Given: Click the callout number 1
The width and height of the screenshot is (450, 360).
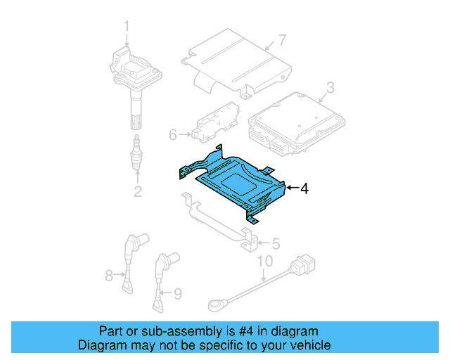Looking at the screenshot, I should (x=127, y=27).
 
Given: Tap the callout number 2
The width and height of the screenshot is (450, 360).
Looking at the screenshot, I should (x=138, y=191).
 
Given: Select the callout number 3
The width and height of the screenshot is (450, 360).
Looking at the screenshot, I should (x=329, y=89).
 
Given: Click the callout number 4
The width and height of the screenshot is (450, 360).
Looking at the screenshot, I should (x=304, y=188).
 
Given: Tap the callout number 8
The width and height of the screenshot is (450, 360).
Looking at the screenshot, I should (x=109, y=276).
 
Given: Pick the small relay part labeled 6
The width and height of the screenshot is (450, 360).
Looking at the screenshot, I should (x=214, y=121).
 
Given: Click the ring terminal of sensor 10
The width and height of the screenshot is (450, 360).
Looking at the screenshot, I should (x=215, y=305).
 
